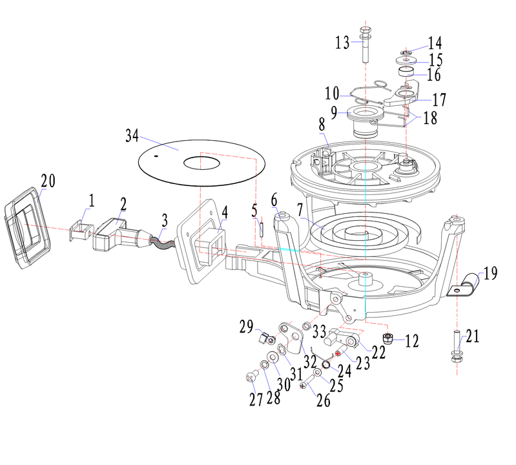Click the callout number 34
[x=132, y=136]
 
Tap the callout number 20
[x=49, y=181]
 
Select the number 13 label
[x=342, y=43]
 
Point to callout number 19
[x=490, y=273]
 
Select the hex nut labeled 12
[x=388, y=338]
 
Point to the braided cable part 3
[x=161, y=242]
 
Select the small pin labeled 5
[x=263, y=227]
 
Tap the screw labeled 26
[x=303, y=385]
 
